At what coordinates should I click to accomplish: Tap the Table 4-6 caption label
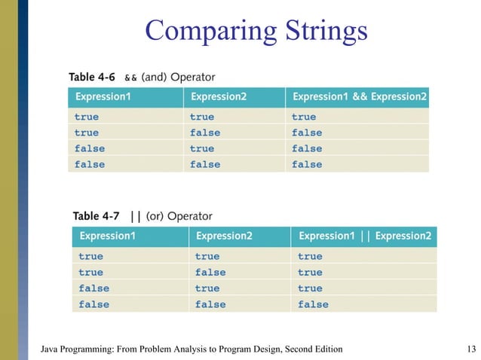pyautogui.click(x=92, y=77)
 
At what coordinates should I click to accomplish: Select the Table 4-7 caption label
pyautogui.click(x=97, y=217)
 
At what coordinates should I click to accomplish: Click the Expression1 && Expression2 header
pyautogui.click(x=359, y=96)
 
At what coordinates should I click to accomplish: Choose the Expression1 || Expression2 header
pyautogui.click(x=365, y=236)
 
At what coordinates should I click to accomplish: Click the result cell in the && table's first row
pyautogui.click(x=304, y=117)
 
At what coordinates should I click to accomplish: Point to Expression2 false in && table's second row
pyautogui.click(x=205, y=133)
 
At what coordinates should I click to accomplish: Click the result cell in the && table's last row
pyautogui.click(x=307, y=164)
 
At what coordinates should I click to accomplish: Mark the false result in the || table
pyautogui.click(x=313, y=304)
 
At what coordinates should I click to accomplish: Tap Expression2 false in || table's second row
pyautogui.click(x=210, y=273)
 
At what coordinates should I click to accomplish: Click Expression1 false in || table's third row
pyautogui.click(x=93, y=288)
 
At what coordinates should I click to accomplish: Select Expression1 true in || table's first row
pyautogui.click(x=90, y=257)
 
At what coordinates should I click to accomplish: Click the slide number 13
pyautogui.click(x=471, y=349)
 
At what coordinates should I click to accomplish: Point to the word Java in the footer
pyautogui.click(x=50, y=349)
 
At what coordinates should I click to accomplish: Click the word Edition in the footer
pyautogui.click(x=326, y=349)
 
